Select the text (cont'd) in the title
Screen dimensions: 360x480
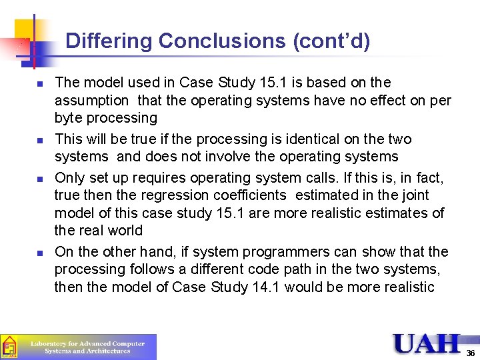pyautogui.click(x=331, y=42)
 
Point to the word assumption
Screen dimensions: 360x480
pyautogui.click(x=92, y=101)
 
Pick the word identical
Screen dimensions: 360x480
pyautogui.click(x=312, y=139)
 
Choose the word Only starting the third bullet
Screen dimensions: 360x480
pyautogui.click(x=69, y=178)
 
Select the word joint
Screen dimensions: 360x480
pyautogui.click(x=415, y=195)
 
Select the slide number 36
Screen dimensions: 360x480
pyautogui.click(x=471, y=353)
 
